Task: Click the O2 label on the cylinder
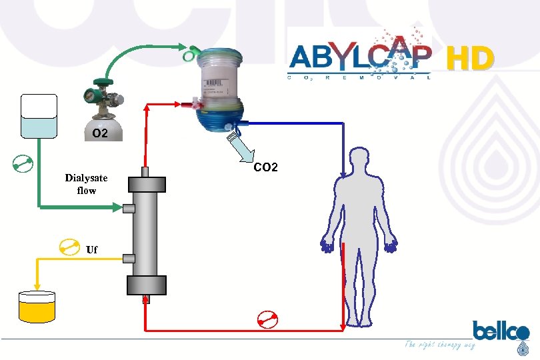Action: click(x=100, y=133)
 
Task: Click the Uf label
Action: click(x=92, y=249)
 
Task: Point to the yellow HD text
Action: click(x=470, y=59)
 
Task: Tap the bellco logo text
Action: click(x=501, y=331)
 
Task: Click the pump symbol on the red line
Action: click(x=268, y=320)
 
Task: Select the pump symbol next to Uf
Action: click(x=69, y=247)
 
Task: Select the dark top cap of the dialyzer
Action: click(x=146, y=185)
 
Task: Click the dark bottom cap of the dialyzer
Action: click(x=146, y=285)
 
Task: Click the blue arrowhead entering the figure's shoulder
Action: click(x=343, y=174)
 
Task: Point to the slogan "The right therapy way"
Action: click(x=440, y=345)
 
